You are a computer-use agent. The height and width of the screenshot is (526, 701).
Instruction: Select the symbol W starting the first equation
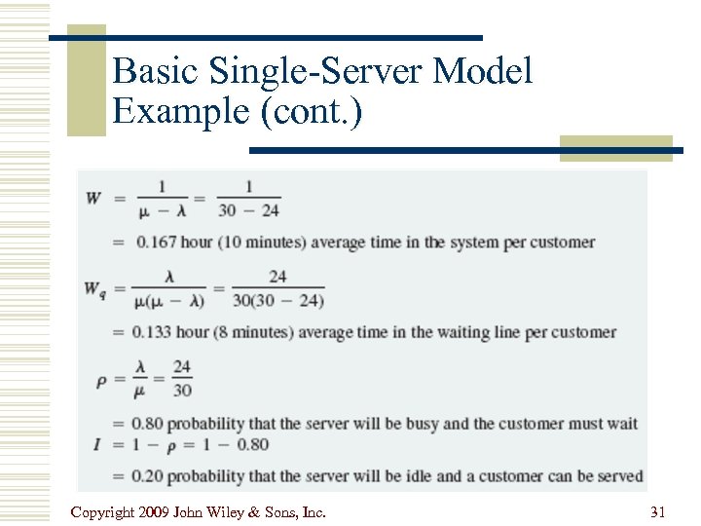point(93,198)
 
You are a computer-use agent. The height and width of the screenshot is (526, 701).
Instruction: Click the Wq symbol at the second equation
point(95,288)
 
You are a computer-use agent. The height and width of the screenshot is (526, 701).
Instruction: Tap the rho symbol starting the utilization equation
point(101,380)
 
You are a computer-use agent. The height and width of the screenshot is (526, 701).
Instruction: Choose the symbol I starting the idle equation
point(97,445)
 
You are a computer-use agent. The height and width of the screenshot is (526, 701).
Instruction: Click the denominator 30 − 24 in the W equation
point(248,209)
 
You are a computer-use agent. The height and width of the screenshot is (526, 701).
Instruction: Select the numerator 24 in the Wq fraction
point(277,278)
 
